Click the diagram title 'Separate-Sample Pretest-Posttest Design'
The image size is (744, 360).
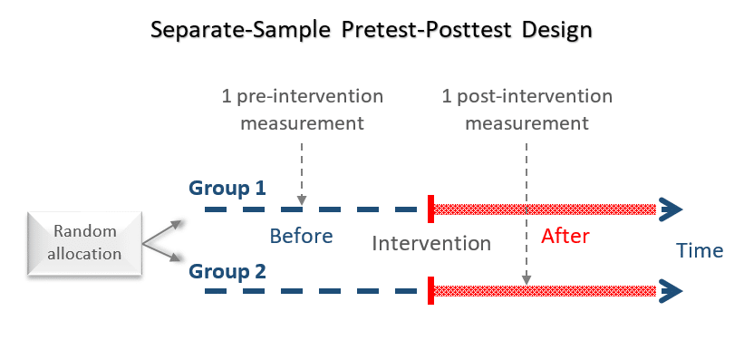pyautogui.click(x=371, y=29)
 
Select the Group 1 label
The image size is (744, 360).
pyautogui.click(x=227, y=189)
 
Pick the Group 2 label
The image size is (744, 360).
pyautogui.click(x=227, y=270)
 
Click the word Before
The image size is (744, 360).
pyautogui.click(x=301, y=237)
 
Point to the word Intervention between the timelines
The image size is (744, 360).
pyautogui.click(x=431, y=243)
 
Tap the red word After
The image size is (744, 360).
pyautogui.click(x=565, y=237)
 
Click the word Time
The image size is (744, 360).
pyautogui.click(x=700, y=251)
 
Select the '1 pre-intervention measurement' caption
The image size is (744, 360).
pyautogui.click(x=302, y=109)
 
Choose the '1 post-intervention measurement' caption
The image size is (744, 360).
pyautogui.click(x=527, y=109)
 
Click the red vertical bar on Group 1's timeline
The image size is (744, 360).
pyautogui.click(x=430, y=209)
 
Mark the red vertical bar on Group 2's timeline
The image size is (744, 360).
pyautogui.click(x=430, y=290)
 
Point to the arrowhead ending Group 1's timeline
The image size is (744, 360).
pyautogui.click(x=671, y=209)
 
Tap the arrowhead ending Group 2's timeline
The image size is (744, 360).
pyautogui.click(x=671, y=290)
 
